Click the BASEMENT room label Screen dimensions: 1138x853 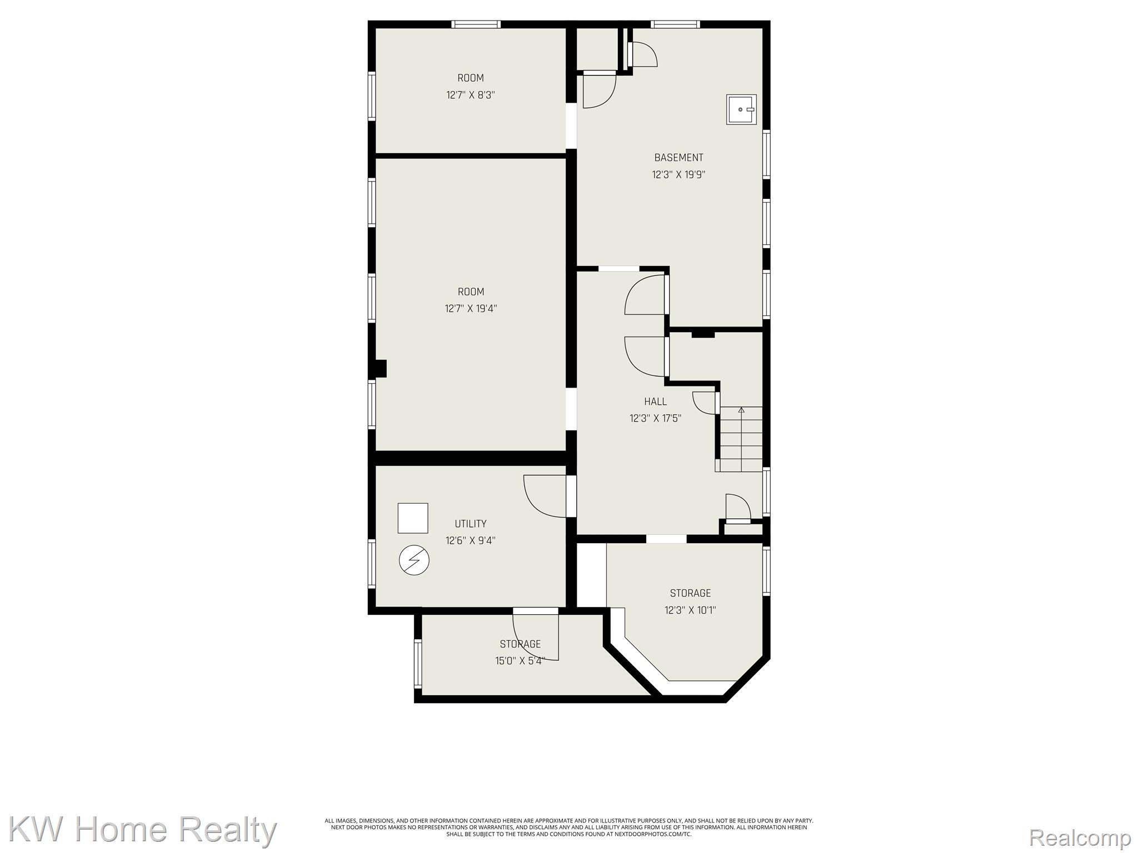click(x=678, y=158)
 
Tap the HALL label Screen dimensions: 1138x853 click(x=656, y=402)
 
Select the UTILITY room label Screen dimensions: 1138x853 click(x=471, y=524)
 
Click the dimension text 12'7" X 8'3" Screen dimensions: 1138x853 click(x=471, y=95)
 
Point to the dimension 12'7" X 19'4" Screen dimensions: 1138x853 click(x=471, y=308)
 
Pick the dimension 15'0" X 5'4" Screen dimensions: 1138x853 click(x=520, y=661)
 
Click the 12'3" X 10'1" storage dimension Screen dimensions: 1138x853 click(x=690, y=610)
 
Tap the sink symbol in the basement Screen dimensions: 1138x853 click(x=741, y=109)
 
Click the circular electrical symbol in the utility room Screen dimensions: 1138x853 click(x=414, y=560)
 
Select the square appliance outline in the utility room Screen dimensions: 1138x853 click(x=413, y=518)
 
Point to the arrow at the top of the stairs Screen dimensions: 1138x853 click(x=741, y=411)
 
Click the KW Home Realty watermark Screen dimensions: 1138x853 click(x=143, y=830)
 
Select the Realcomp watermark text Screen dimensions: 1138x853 click(x=1080, y=837)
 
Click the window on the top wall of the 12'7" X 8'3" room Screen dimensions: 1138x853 click(x=476, y=24)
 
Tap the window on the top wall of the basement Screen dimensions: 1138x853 click(x=675, y=24)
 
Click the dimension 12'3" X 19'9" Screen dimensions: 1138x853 click(x=678, y=174)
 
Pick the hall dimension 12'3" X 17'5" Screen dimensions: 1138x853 click(x=656, y=418)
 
